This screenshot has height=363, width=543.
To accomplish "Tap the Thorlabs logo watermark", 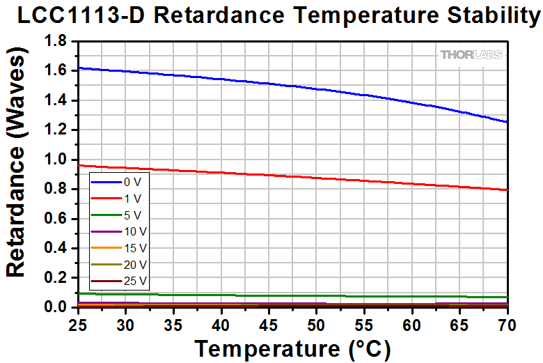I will click(x=471, y=54).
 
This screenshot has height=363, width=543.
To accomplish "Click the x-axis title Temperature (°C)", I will click(x=292, y=348).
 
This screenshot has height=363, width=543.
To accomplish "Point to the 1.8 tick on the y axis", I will click(x=56, y=41).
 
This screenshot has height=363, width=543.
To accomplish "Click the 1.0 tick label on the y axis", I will click(x=56, y=160).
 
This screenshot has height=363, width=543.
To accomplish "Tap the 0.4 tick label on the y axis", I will click(x=56, y=248).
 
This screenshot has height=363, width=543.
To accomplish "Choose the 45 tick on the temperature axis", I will click(x=269, y=325).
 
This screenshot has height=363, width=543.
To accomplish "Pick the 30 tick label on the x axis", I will click(x=125, y=325).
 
